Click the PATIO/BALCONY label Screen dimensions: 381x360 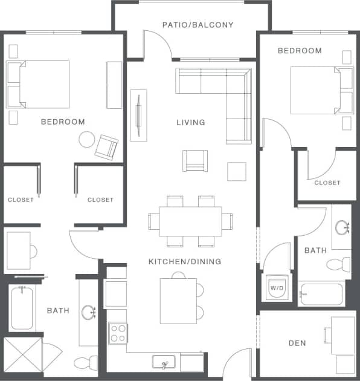pyautogui.click(x=198, y=25)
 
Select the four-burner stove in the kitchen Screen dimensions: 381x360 pyautogui.click(x=118, y=333)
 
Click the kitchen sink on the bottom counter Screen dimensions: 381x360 pyautogui.click(x=163, y=363)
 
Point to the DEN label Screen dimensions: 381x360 pyautogui.click(x=297, y=343)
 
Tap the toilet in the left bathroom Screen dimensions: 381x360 pyautogui.click(x=85, y=363)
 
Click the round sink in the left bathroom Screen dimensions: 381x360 pyautogui.click(x=89, y=312)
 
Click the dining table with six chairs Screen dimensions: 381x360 pyautogui.click(x=190, y=221)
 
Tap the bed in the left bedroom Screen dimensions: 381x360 pyautogui.click(x=39, y=83)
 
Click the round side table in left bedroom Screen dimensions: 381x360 pyautogui.click(x=86, y=140)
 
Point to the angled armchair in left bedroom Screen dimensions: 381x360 pyautogui.click(x=107, y=146)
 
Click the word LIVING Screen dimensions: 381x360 pyautogui.click(x=190, y=122)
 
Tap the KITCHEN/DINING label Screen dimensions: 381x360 pyautogui.click(x=185, y=262)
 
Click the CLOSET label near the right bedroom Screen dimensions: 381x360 pyautogui.click(x=327, y=183)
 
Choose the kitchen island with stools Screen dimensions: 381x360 pyautogui.click(x=178, y=301)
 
